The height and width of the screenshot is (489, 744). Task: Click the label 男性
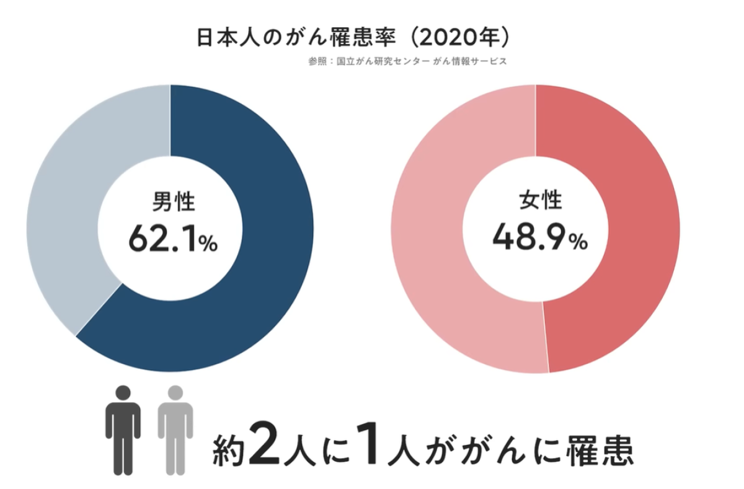tap(173, 202)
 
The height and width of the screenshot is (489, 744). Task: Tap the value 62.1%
tap(173, 239)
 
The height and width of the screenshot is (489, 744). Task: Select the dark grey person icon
tap(123, 431)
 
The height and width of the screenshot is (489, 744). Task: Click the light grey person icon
tap(175, 431)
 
